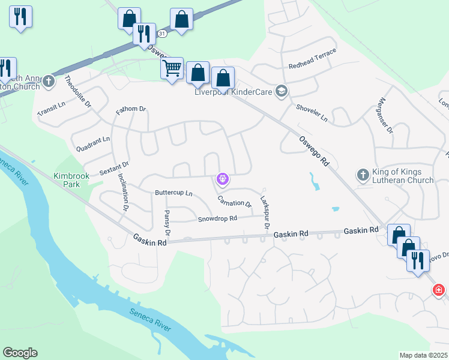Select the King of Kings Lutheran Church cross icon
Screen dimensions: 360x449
pyautogui.click(x=363, y=175)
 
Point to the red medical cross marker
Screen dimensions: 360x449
pyautogui.click(x=439, y=291)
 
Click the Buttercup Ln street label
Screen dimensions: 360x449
pyautogui.click(x=173, y=193)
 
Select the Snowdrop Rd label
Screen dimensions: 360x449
pyautogui.click(x=217, y=219)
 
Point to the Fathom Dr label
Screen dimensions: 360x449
pyautogui.click(x=131, y=109)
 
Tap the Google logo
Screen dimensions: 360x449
pyautogui.click(x=20, y=353)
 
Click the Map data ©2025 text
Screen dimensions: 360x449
pyautogui.click(x=424, y=355)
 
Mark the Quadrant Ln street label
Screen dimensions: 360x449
pyautogui.click(x=93, y=142)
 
